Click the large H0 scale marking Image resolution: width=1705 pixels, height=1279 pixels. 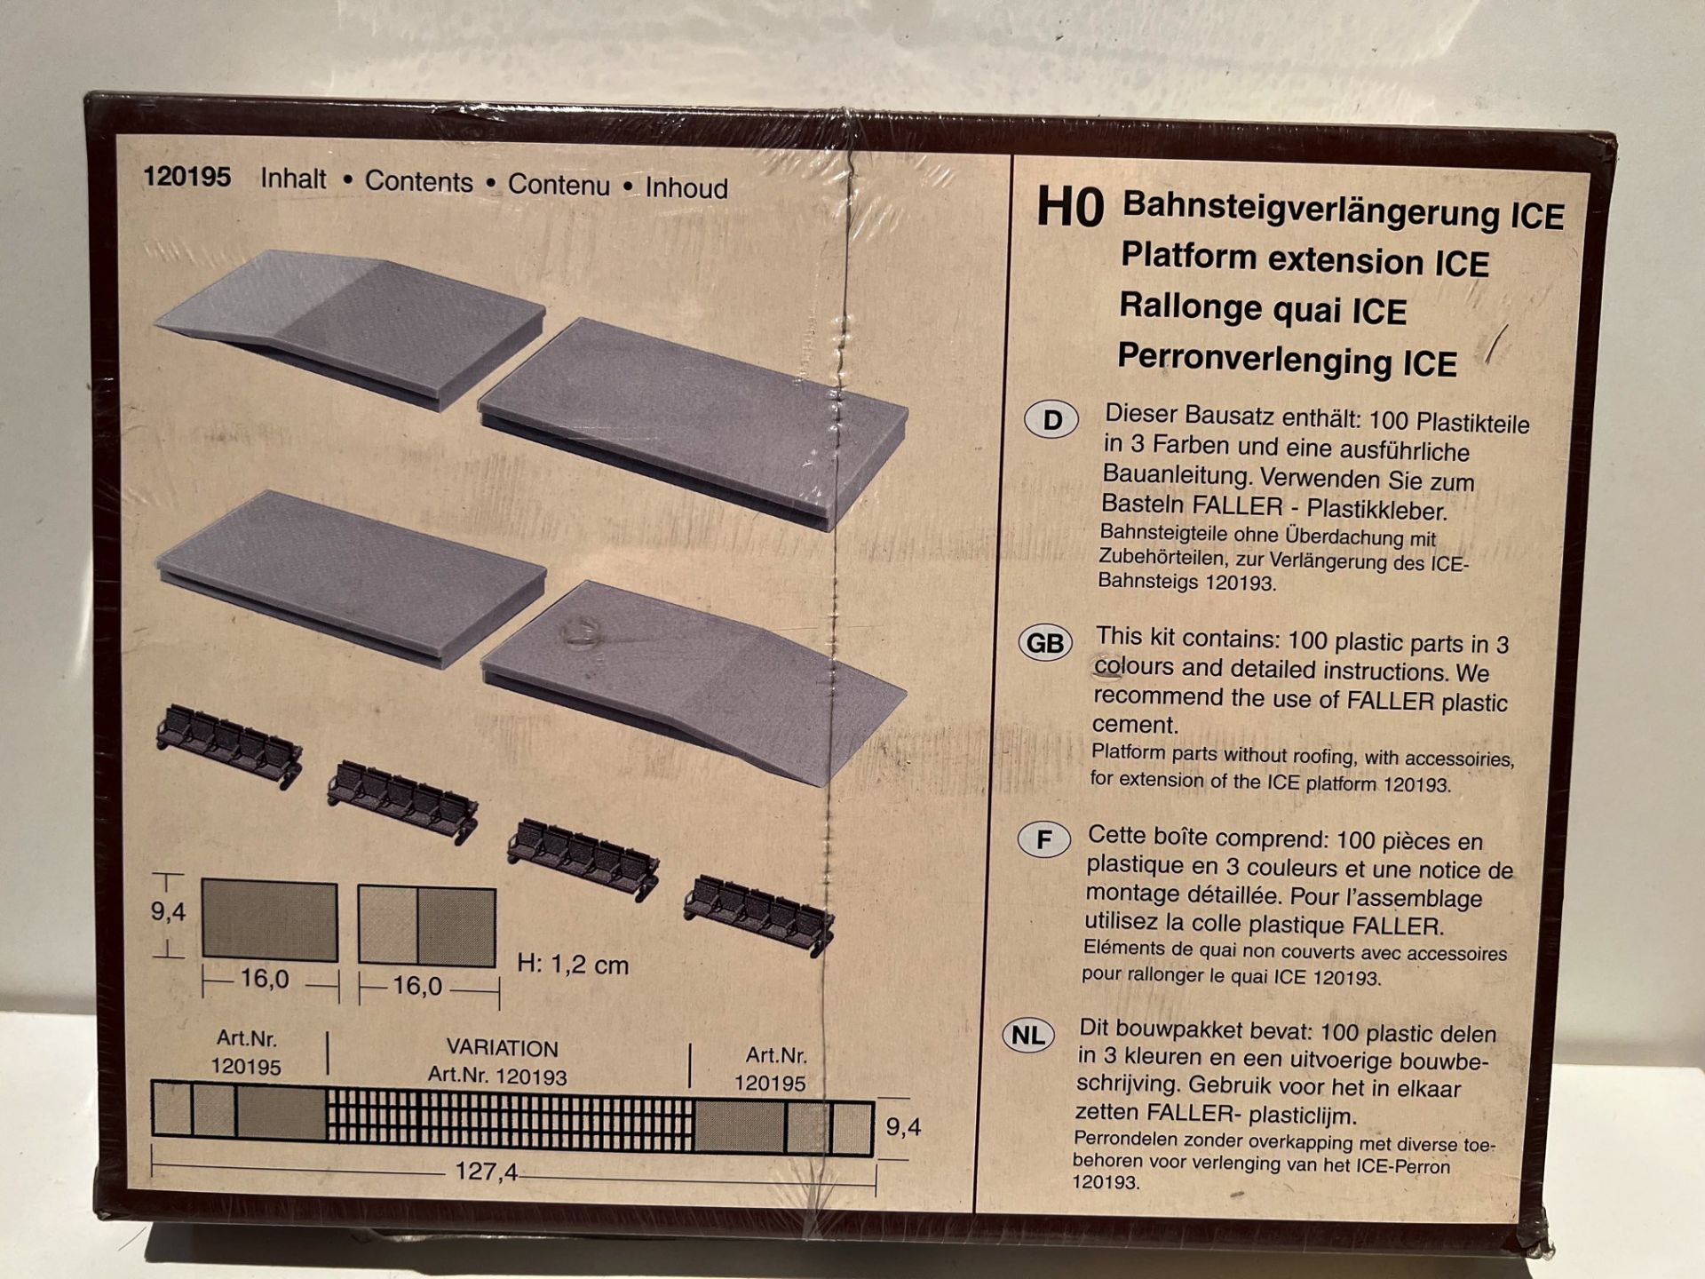(x=1070, y=208)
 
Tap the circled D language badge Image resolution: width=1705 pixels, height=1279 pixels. (x=1051, y=419)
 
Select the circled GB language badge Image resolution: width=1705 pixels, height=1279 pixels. (x=1044, y=642)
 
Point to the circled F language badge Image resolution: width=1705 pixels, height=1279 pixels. (x=1043, y=839)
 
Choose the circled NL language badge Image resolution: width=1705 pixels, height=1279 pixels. (x=1028, y=1035)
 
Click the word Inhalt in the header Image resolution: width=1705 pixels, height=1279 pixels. (x=293, y=179)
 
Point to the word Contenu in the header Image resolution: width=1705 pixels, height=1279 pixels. (x=559, y=185)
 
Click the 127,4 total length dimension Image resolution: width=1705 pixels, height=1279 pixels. (x=486, y=1172)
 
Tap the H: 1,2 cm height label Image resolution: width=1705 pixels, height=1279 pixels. (x=573, y=964)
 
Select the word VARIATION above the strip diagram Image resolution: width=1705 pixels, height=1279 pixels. (x=502, y=1048)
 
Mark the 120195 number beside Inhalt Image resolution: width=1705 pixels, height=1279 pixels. (x=187, y=177)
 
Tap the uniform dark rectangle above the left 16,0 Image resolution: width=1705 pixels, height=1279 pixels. (x=270, y=921)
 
